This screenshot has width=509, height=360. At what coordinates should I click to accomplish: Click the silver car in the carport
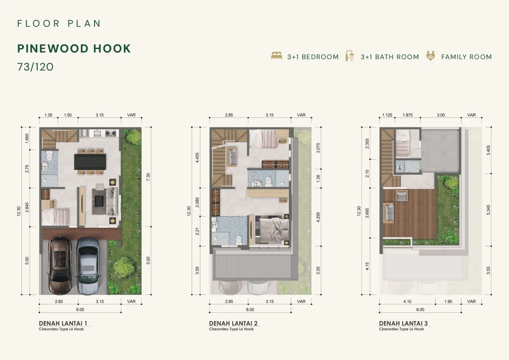pyautogui.click(x=88, y=266)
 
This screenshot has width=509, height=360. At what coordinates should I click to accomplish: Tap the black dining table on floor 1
pyautogui.click(x=90, y=162)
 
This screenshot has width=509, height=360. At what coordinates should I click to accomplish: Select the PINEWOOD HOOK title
pyautogui.click(x=74, y=49)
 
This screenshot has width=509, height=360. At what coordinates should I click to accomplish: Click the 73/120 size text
pyautogui.click(x=36, y=67)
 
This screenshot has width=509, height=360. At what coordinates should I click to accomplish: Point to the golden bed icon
pyautogui.click(x=277, y=56)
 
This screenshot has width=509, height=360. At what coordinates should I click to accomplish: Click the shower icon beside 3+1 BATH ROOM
pyautogui.click(x=350, y=56)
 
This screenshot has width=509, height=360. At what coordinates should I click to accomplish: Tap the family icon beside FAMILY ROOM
pyautogui.click(x=430, y=56)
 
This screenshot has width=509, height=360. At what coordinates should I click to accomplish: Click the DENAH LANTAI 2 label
pyautogui.click(x=233, y=323)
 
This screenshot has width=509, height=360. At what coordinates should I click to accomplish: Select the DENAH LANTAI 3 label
pyautogui.click(x=403, y=323)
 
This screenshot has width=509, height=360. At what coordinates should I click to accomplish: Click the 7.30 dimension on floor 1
pyautogui.click(x=148, y=177)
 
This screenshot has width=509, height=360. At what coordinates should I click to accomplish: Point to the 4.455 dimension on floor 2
pyautogui.click(x=197, y=158)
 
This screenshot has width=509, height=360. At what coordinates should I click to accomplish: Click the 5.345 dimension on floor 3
pyautogui.click(x=488, y=210)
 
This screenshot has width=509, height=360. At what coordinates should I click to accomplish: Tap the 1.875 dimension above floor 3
pyautogui.click(x=408, y=115)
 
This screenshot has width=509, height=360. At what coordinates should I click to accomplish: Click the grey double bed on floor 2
pyautogui.click(x=272, y=230)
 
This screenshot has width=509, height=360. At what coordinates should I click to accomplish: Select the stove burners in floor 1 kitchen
pyautogui.click(x=111, y=133)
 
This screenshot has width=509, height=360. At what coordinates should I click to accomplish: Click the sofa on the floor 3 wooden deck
pyautogui.click(x=388, y=213)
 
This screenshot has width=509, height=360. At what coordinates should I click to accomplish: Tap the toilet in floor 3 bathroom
pyautogui.click(x=400, y=168)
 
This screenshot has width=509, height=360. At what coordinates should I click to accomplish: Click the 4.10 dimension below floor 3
pyautogui.click(x=407, y=302)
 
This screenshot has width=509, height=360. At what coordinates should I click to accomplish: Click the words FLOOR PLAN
pyautogui.click(x=59, y=23)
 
